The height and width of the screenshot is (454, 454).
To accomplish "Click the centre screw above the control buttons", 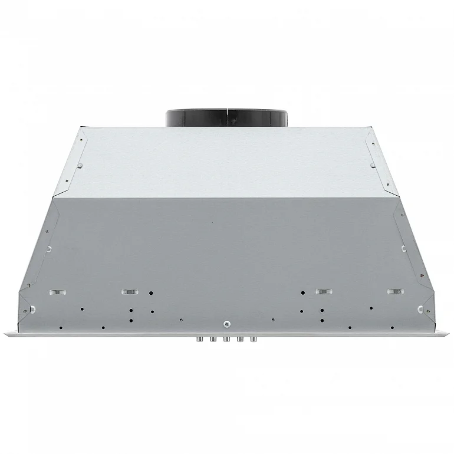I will click(x=228, y=323).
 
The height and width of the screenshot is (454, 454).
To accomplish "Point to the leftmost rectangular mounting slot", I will click(x=57, y=292).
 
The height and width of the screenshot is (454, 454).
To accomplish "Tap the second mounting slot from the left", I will click(x=128, y=291).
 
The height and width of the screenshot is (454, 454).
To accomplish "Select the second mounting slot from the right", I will click(x=323, y=291).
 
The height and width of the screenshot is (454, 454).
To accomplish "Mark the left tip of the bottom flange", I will click(x=6, y=334).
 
